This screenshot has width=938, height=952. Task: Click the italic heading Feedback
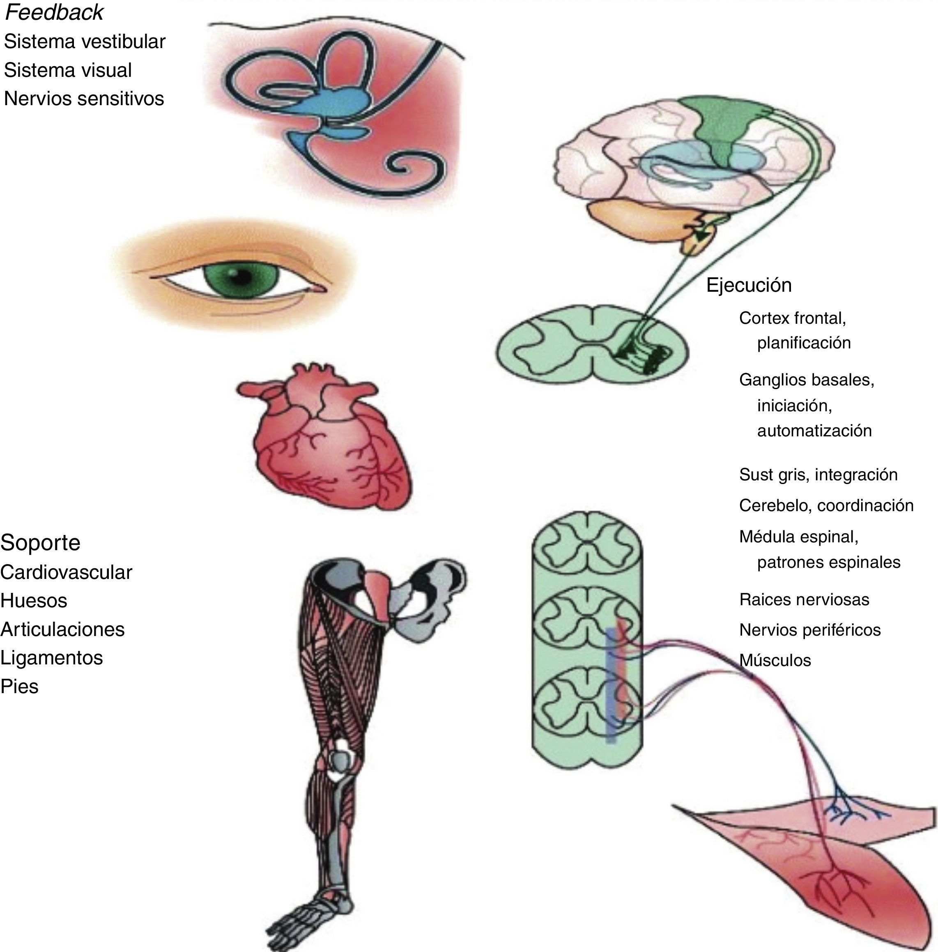pos(54,13)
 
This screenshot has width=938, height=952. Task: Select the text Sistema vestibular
pos(85,42)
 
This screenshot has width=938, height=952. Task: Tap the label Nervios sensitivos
pos(84,99)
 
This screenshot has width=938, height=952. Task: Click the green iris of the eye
pos(235,279)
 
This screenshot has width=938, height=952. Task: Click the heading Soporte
pos(40,542)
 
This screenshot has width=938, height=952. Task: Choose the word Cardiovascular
pos(66,572)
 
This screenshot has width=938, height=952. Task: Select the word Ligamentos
pos(52,658)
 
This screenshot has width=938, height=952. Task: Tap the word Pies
pos(20,687)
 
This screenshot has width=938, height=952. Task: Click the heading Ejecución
pos(749,285)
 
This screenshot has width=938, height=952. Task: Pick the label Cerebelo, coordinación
pos(826,505)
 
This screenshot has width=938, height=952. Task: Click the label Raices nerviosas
pos(804,600)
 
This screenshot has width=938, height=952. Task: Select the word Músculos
pos(775,660)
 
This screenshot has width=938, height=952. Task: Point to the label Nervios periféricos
pos(810,630)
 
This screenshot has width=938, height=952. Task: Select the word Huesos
pos(34,601)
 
